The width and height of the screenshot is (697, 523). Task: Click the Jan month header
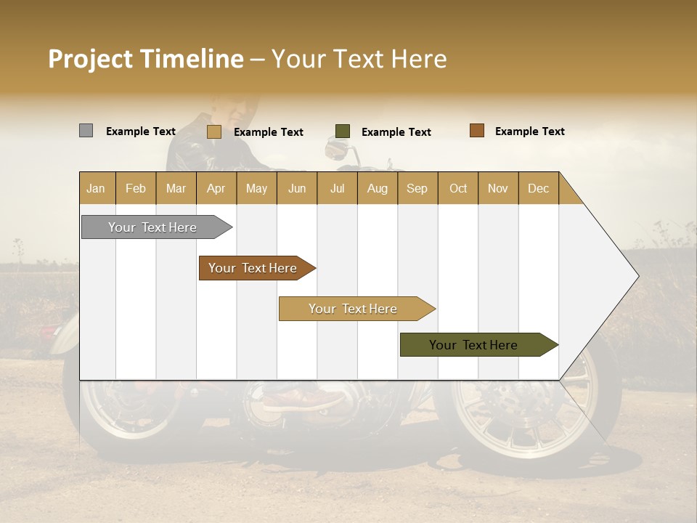[96, 189]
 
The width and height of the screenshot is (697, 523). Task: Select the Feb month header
[136, 189]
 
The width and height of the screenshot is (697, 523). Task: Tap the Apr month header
[216, 189]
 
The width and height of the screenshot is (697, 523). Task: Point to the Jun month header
[297, 189]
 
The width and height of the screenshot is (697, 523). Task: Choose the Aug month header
[377, 189]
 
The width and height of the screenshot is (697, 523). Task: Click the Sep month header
[417, 189]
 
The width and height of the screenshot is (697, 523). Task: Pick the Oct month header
[458, 189]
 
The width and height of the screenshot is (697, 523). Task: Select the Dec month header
[538, 189]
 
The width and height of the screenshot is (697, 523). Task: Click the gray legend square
[86, 131]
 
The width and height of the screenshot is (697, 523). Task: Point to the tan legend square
[213, 131]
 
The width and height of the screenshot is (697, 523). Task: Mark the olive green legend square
[343, 131]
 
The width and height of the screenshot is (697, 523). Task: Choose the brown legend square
[476, 131]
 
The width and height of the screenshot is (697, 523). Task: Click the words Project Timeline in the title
[146, 59]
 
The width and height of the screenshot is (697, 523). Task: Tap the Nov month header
[497, 189]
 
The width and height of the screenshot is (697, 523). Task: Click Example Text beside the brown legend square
[529, 131]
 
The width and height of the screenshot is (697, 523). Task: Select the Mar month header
[176, 189]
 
